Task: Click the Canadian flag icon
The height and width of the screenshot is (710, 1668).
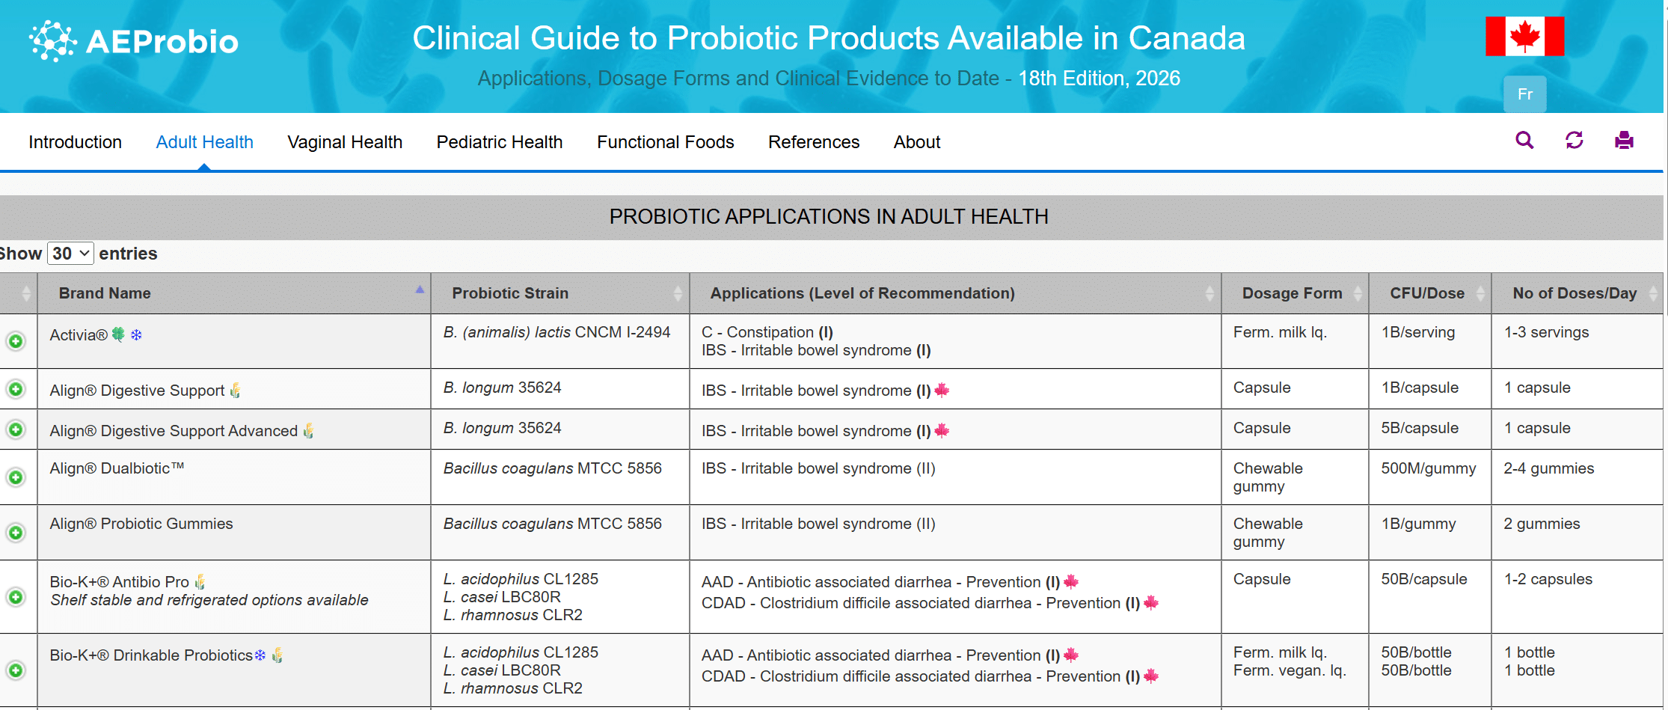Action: [1524, 36]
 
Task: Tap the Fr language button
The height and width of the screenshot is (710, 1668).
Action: [1524, 94]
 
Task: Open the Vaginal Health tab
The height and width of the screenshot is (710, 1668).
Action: [345, 142]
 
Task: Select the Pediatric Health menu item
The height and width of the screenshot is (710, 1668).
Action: [499, 142]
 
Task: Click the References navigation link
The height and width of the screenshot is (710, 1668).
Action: [813, 142]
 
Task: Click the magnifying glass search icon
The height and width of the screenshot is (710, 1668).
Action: [1524, 140]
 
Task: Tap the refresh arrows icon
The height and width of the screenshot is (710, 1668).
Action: [1574, 140]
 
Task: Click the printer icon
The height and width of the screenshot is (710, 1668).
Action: [1624, 140]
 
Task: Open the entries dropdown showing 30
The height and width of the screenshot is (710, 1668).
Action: [70, 254]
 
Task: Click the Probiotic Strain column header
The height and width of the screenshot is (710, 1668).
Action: [510, 293]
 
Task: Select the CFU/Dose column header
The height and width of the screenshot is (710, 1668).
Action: [1426, 293]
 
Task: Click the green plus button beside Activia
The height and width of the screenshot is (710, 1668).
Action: [16, 341]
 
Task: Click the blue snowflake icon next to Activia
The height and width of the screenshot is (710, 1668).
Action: [136, 335]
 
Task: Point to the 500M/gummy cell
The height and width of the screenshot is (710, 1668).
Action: [1428, 468]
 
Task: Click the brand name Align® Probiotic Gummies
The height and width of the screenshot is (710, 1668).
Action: [141, 524]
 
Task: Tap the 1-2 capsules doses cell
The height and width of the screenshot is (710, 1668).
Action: [1548, 579]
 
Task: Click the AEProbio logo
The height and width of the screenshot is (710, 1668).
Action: [133, 40]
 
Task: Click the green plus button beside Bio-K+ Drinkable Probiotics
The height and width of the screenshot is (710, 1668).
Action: [16, 670]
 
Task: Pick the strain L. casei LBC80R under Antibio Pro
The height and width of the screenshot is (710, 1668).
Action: [501, 597]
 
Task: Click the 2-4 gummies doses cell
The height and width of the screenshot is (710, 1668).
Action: [1548, 468]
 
